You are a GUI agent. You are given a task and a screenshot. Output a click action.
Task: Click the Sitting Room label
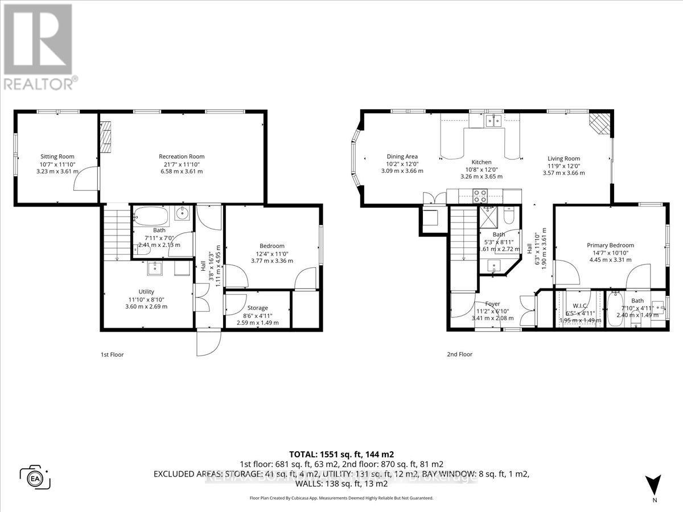point(57,156)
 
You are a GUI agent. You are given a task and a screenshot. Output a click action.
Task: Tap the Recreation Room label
point(182,156)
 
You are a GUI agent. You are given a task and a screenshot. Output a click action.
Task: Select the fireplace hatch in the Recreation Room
point(106,137)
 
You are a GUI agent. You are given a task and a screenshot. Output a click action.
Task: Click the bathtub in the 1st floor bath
point(151,216)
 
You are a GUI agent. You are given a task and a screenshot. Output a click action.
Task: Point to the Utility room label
point(146,291)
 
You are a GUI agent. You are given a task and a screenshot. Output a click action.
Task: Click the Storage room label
point(257,308)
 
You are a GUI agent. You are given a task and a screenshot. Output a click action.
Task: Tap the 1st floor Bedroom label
point(272,246)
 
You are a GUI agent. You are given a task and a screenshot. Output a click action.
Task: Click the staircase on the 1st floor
point(117,233)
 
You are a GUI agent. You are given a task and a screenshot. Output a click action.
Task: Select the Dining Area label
point(402,156)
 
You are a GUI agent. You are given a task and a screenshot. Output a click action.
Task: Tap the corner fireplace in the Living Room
point(599,122)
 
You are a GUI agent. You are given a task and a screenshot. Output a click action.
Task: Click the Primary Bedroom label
point(610,246)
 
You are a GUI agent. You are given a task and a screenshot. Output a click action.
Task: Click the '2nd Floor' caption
point(459,354)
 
